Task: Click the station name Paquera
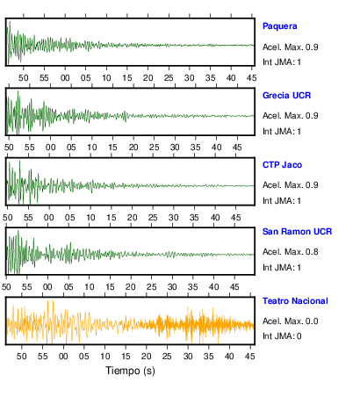pos(280,26)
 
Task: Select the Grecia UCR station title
pos(286,96)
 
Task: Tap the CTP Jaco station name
pos(282,165)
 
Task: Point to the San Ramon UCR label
pos(297,232)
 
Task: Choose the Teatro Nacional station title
pos(295,301)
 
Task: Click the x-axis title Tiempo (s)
pos(130,371)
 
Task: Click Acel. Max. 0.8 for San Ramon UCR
pos(290,252)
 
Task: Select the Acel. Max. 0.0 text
pos(290,321)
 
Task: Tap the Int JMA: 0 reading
pos(282,335)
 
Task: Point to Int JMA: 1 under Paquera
pos(282,62)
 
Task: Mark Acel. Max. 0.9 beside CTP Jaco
pos(290,185)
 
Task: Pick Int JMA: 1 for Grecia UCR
pos(282,132)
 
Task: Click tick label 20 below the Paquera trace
pos(148,78)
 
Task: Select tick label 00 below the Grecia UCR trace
pos(50,148)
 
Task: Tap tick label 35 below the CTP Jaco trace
pos(194,218)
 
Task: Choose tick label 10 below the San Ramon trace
pos(89,287)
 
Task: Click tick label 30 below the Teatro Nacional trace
pos(188,357)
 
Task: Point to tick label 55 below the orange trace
pos(42,357)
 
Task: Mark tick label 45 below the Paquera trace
pos(251,78)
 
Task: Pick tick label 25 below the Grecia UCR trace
pos(154,148)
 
